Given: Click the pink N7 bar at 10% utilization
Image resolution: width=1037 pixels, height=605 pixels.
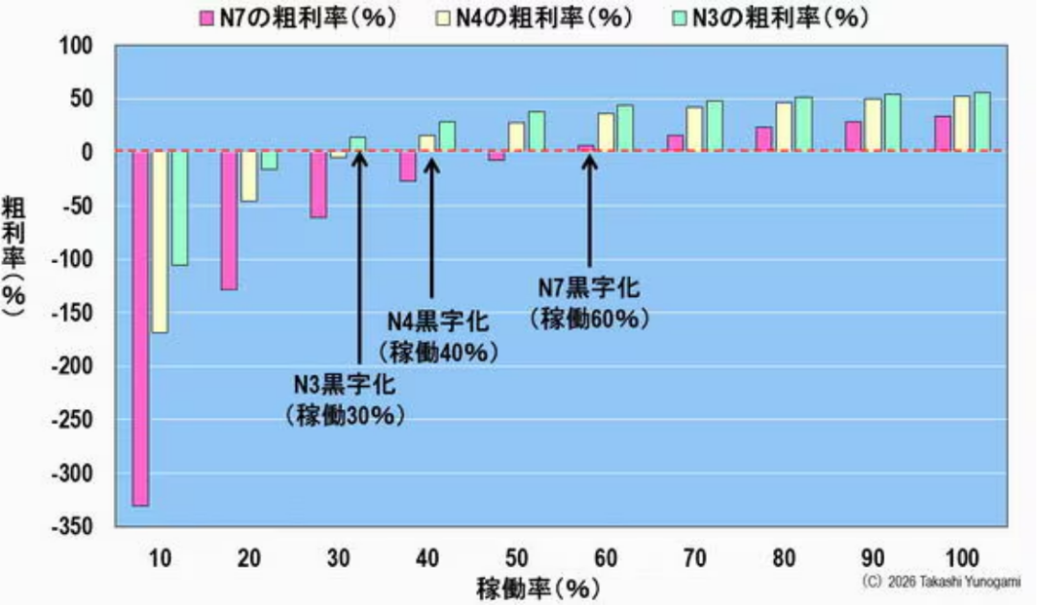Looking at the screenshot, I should click(140, 327).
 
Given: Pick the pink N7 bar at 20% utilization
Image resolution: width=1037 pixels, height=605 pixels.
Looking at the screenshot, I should click(229, 220).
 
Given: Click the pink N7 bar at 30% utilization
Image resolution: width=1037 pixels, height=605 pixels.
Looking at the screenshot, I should click(318, 184).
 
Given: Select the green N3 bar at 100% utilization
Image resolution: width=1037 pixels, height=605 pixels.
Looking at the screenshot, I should click(981, 121).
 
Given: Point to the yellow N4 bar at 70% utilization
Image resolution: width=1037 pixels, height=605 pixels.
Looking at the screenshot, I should click(695, 129).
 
